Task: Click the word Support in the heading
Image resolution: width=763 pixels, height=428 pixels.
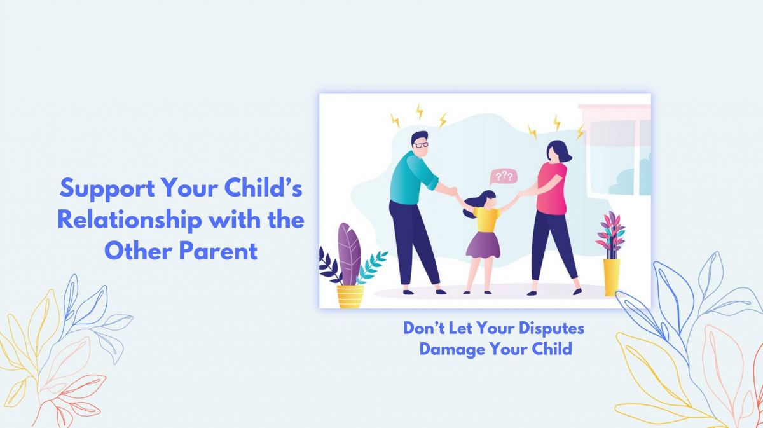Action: pos(107,189)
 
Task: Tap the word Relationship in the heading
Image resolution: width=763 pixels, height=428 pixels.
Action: pos(130,220)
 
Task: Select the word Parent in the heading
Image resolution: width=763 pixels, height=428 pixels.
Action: pos(218,251)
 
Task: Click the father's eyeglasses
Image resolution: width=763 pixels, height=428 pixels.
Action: pos(422,145)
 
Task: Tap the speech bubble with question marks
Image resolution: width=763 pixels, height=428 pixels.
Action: pos(504,177)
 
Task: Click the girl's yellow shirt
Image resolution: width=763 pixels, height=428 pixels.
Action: pos(486,220)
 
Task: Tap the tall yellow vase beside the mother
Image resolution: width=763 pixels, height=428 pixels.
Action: pos(612,278)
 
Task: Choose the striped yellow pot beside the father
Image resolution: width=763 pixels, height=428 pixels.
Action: pos(350,296)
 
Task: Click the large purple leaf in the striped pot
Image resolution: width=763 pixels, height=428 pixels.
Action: pos(349,254)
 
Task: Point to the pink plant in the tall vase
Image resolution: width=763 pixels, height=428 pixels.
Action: pos(611,233)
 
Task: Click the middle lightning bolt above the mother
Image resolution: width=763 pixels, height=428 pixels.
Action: pos(557,123)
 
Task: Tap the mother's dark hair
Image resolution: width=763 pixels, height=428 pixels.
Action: pos(559,151)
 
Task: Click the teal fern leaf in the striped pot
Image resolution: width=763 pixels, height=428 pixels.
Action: pos(372,268)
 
